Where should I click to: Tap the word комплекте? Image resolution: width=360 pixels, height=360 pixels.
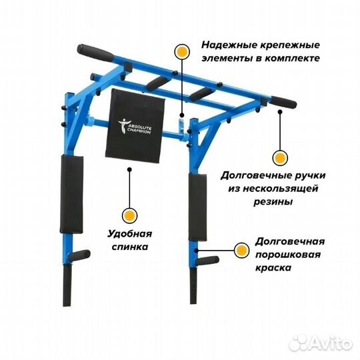(291, 58)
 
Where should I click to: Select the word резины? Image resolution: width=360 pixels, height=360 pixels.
(273, 202)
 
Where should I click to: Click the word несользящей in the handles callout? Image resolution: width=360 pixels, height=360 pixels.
(280, 189)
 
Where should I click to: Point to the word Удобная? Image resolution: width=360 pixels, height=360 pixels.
(130, 234)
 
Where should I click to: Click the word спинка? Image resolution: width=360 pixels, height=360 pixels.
(130, 247)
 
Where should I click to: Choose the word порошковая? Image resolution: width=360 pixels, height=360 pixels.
(288, 255)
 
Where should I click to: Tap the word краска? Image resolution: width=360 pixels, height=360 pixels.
(273, 268)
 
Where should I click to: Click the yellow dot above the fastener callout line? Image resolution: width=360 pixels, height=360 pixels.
(182, 51)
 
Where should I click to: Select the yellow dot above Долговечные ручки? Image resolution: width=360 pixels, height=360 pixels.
(280, 158)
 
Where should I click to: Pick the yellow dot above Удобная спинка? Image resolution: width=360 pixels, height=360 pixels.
(130, 216)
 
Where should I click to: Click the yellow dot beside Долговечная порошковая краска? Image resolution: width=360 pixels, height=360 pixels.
(241, 251)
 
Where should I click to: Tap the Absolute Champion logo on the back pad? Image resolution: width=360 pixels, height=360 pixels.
(135, 127)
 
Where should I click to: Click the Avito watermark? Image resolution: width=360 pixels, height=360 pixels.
(321, 343)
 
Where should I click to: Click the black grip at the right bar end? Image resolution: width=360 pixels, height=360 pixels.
(283, 102)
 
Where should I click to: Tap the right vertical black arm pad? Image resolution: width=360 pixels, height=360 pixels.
(197, 207)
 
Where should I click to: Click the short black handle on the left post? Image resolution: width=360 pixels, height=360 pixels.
(79, 255)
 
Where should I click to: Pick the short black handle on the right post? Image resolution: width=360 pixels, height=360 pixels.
(208, 261)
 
